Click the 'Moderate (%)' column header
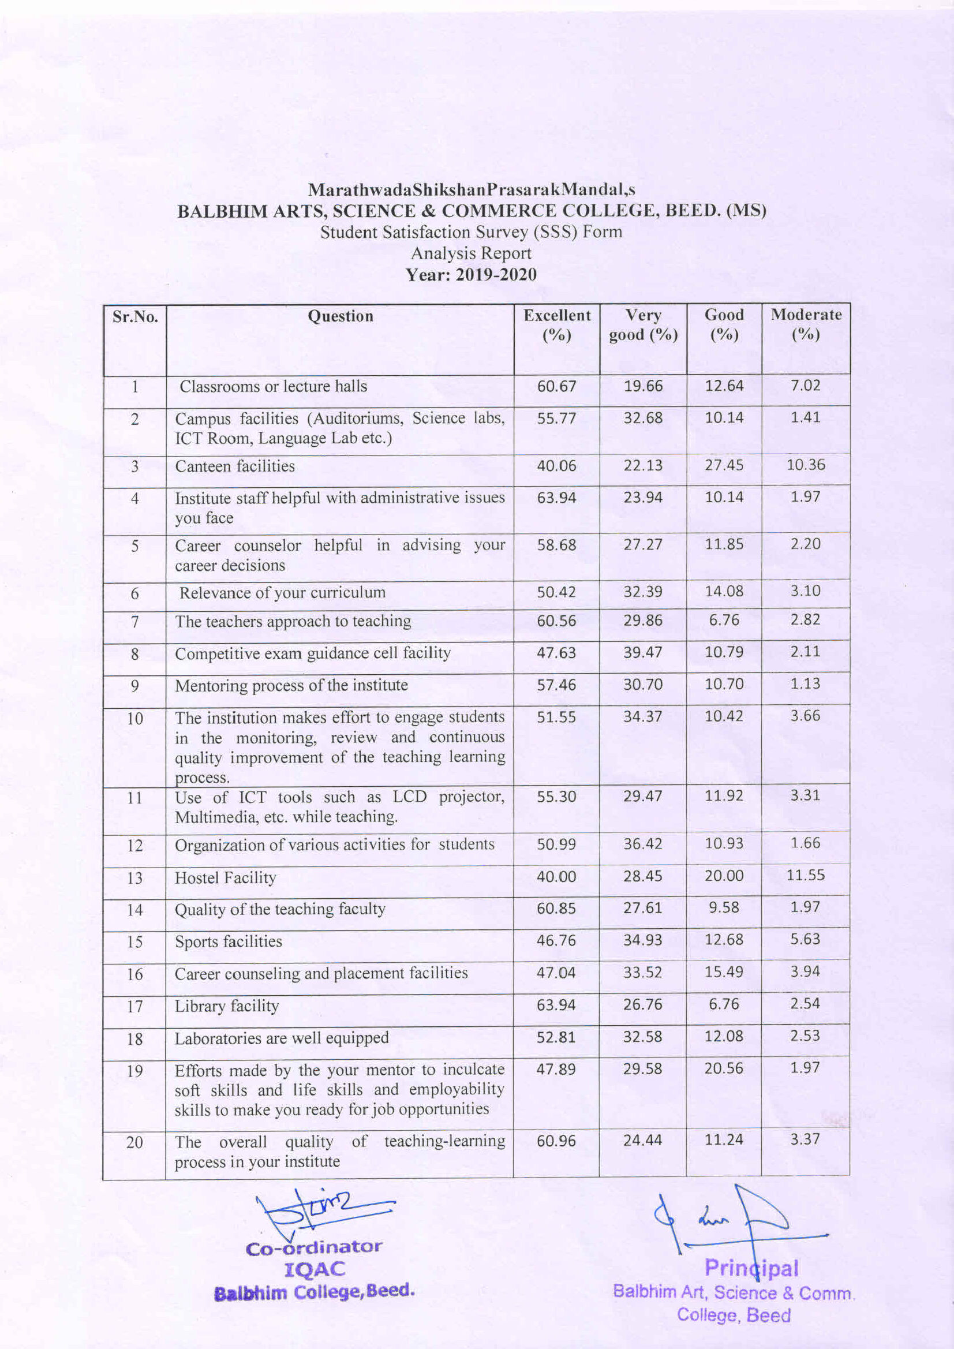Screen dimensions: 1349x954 805,324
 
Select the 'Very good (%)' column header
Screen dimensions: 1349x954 644,325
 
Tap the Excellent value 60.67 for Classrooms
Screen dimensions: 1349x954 556,386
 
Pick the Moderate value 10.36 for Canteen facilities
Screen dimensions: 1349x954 805,465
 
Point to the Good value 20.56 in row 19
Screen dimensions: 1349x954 724,1068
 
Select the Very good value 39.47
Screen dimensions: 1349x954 643,652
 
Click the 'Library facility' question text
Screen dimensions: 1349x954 227,1006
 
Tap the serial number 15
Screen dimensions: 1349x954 134,942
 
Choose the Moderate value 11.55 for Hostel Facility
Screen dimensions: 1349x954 805,875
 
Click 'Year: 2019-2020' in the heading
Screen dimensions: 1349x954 472,274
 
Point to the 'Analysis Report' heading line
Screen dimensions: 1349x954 471,253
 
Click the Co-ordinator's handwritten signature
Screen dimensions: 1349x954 323,1209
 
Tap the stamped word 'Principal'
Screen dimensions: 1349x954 751,1268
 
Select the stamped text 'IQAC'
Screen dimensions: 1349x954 315,1270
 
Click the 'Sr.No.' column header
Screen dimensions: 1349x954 135,317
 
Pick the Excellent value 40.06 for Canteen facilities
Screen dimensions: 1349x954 556,466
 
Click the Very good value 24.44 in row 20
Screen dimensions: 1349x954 643,1140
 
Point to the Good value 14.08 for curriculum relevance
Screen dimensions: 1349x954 724,591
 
